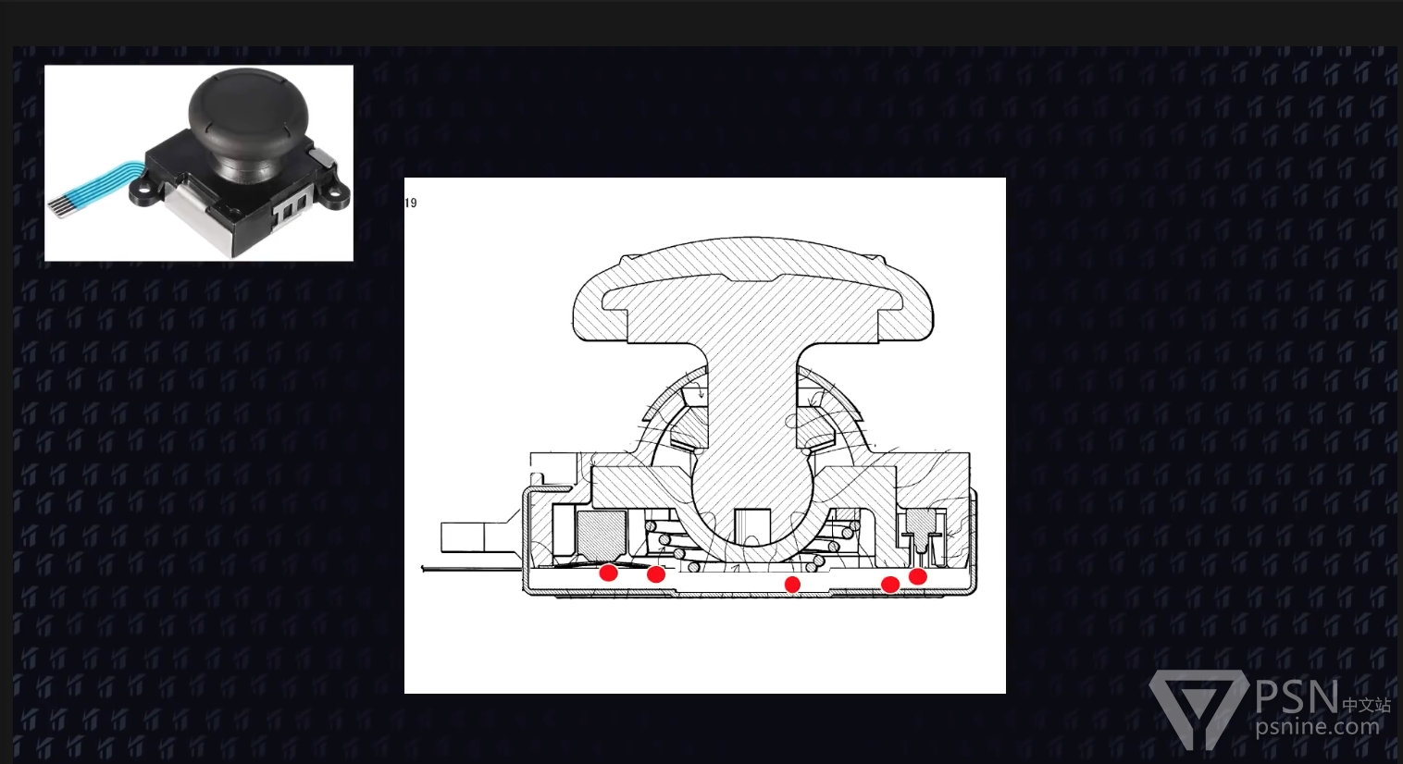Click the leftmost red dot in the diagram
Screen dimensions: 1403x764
608,572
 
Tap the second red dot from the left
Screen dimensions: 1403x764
656,573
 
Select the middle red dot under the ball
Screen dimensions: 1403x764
792,585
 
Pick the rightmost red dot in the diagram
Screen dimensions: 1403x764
917,576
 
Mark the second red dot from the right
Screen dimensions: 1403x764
890,585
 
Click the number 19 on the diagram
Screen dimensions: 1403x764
411,203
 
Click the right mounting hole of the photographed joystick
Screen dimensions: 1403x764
335,191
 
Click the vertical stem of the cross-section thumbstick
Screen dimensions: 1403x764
752,400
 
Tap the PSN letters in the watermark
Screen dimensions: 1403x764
1297,696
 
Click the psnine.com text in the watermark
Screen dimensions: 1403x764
1317,727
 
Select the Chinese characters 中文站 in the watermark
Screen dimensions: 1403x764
1366,705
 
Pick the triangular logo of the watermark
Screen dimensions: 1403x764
1198,708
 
